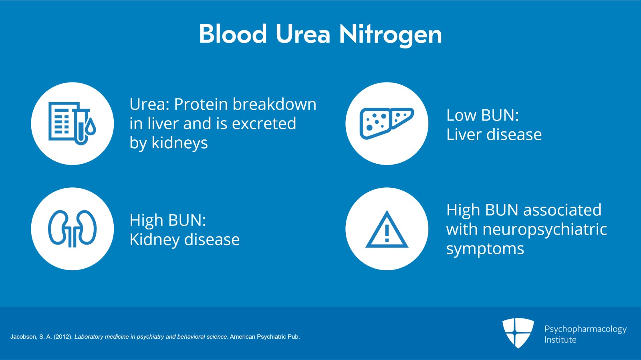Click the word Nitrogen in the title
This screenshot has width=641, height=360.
(391, 35)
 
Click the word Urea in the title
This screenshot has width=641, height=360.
(303, 34)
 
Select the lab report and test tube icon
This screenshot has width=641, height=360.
(72, 123)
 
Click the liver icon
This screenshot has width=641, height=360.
(387, 123)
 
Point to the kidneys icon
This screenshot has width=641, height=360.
(72, 229)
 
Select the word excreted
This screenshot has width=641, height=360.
(264, 123)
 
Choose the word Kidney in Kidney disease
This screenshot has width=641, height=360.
(155, 239)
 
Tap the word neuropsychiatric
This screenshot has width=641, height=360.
(544, 229)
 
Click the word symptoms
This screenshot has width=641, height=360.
(485, 249)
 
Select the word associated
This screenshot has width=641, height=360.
(562, 210)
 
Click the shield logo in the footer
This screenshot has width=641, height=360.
(518, 333)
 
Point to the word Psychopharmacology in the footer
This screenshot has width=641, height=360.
(585, 329)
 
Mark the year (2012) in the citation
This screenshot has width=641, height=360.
(63, 337)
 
